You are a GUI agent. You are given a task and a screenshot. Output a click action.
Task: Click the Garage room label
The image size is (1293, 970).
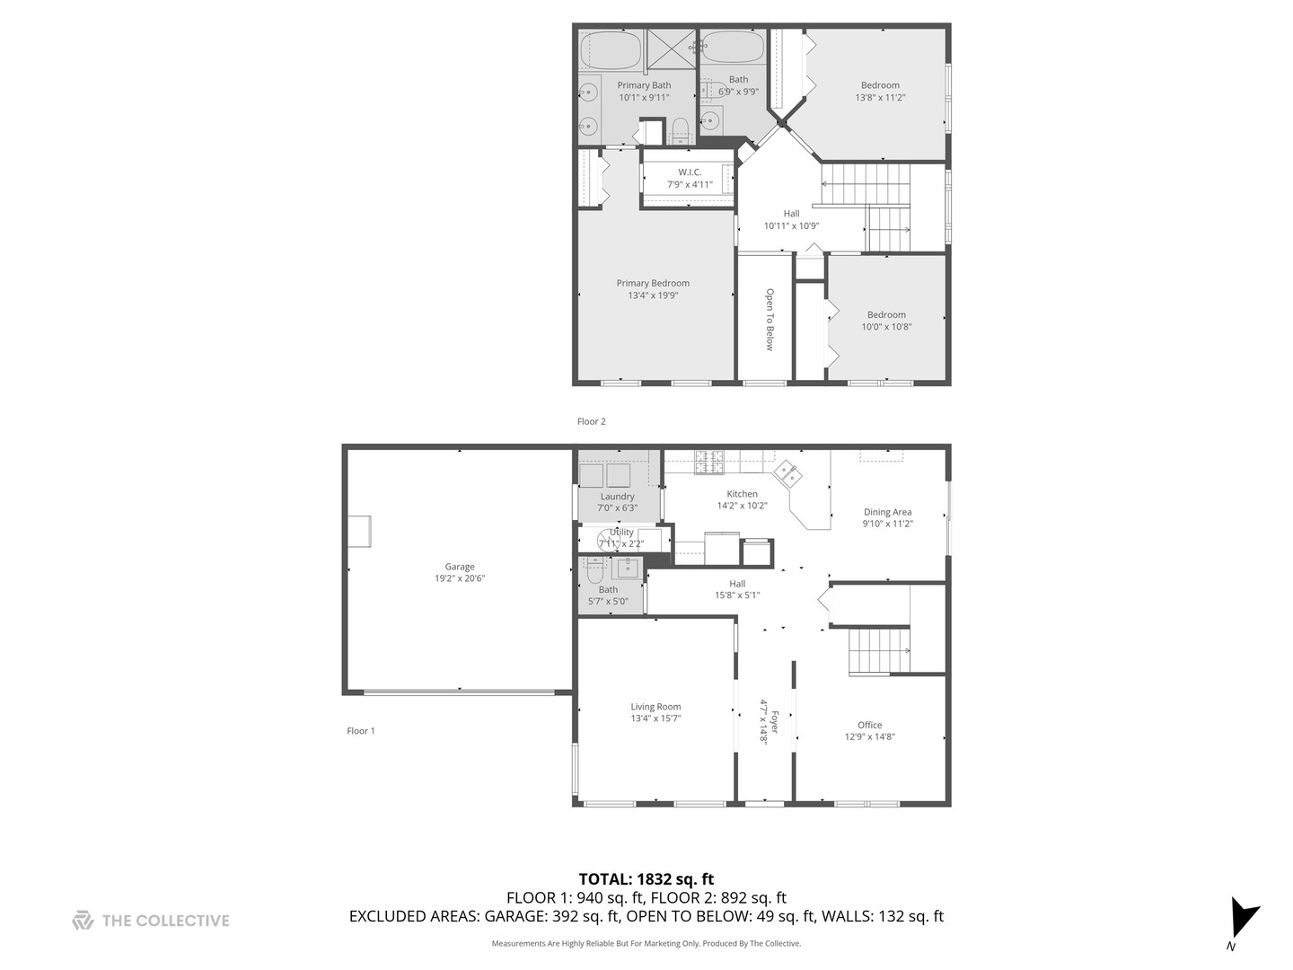point(459,567)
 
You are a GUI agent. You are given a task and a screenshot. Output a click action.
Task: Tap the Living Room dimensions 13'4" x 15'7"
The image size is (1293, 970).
point(655,719)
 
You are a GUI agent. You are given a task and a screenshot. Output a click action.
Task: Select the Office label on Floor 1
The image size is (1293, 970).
point(869,725)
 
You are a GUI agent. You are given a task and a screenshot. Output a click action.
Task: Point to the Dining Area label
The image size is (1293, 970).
point(887,512)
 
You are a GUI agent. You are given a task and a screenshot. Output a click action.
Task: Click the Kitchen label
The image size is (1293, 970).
point(742,494)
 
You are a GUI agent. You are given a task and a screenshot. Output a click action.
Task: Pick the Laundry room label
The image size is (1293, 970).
point(617,497)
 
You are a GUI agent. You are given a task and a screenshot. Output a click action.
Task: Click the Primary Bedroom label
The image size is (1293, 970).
point(653,283)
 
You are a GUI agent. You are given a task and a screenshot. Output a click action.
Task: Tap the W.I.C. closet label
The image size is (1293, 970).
point(690,172)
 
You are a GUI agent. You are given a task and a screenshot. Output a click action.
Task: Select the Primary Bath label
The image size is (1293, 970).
point(644,85)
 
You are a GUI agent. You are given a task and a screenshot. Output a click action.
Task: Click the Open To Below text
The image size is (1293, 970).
point(770,319)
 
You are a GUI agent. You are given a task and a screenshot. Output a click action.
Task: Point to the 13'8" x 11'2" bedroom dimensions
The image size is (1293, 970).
point(880,98)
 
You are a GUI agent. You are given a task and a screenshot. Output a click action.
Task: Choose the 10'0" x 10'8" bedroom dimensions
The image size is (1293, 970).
point(886,327)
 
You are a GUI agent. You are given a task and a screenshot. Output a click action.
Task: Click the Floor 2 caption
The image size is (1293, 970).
point(591,421)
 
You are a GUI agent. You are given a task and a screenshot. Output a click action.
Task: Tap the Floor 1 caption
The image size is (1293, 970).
point(361,731)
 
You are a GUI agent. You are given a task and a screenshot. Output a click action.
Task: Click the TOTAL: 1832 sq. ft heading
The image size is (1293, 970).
point(646,879)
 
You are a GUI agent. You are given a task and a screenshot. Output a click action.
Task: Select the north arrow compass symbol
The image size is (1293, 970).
point(1244,918)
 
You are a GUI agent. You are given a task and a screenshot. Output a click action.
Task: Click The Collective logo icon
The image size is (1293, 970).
point(83,921)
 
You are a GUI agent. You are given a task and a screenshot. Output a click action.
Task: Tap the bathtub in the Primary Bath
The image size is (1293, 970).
point(611,50)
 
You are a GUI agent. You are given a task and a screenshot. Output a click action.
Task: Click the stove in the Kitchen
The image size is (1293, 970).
point(709,462)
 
